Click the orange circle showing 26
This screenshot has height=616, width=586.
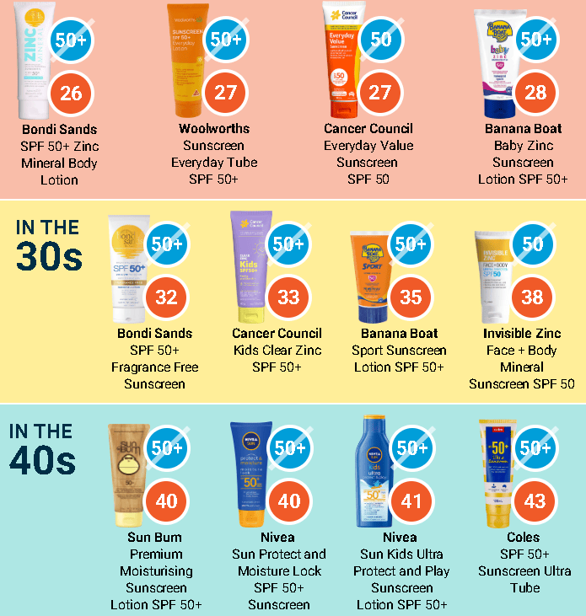click(x=71, y=92)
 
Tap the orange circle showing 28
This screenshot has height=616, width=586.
click(x=535, y=92)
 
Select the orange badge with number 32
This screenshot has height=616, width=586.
click(x=166, y=297)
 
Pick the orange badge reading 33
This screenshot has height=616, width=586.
click(x=288, y=297)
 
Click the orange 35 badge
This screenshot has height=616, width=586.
click(x=411, y=297)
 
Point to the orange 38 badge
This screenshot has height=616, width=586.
click(x=532, y=297)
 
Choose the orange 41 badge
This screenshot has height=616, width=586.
click(x=411, y=501)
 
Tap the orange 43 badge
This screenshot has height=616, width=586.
click(x=535, y=501)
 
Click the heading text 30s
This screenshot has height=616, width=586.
click(x=48, y=257)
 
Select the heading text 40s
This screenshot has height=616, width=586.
click(x=43, y=461)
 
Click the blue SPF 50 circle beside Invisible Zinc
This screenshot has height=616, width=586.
click(x=532, y=244)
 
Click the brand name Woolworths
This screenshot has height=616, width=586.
click(x=214, y=129)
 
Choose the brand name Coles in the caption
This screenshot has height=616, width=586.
click(x=524, y=537)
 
